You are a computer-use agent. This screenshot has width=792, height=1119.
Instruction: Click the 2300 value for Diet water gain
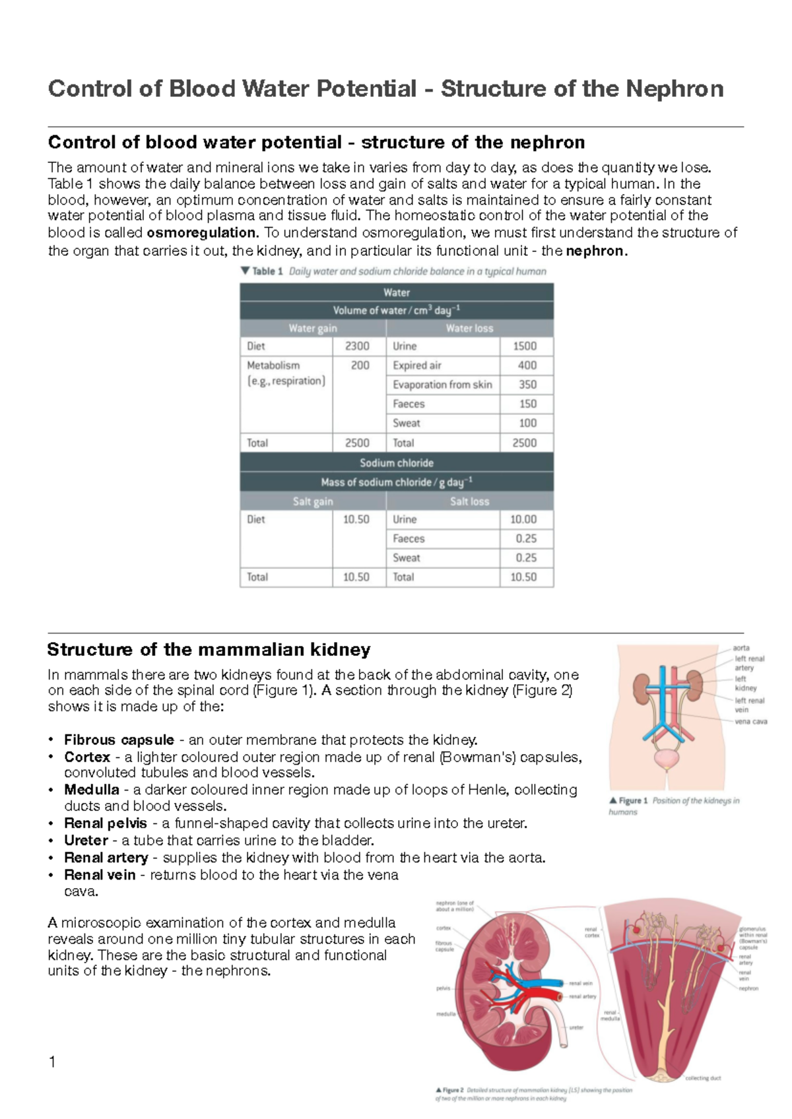[357, 346]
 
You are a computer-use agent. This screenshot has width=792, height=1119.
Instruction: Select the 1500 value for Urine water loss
[525, 346]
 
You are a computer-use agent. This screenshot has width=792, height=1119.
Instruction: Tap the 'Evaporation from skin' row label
[442, 385]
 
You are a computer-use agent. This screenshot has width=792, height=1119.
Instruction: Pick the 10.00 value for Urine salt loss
[523, 519]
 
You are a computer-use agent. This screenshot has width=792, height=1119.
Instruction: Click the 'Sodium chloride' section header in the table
[397, 463]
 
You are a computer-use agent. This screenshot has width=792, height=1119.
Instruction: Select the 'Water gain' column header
[312, 328]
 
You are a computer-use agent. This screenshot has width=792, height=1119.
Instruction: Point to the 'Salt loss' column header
[469, 501]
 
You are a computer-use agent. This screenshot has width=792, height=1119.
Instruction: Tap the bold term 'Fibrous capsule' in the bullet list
[119, 740]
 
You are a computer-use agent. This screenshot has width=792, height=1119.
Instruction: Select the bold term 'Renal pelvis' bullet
[106, 823]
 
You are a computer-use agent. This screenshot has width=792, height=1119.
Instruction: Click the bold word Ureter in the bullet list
[86, 841]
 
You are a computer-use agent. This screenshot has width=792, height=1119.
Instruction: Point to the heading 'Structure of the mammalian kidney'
[209, 650]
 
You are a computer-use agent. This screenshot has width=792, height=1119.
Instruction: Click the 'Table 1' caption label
[267, 271]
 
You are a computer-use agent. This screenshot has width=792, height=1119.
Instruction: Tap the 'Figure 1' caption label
[633, 800]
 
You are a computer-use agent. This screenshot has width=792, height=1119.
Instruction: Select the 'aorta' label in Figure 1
[741, 648]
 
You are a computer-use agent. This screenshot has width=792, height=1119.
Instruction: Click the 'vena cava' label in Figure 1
[750, 721]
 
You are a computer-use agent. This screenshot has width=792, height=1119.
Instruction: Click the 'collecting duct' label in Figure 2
[703, 1078]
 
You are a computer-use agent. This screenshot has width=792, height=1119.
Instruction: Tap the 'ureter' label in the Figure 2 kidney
[576, 1027]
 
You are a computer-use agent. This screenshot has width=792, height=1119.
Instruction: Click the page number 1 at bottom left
[52, 1062]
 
